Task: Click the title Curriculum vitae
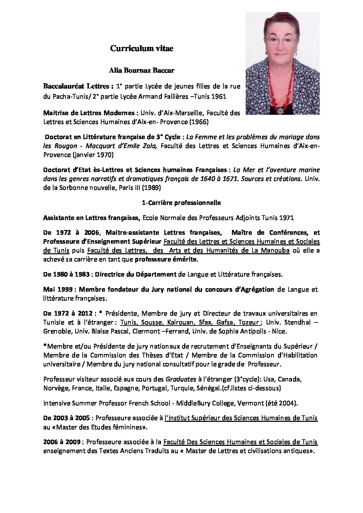pos(142,49)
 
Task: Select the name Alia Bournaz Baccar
pos(142,71)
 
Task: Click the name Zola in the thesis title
pos(150,146)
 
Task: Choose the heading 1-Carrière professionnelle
pos(181,203)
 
